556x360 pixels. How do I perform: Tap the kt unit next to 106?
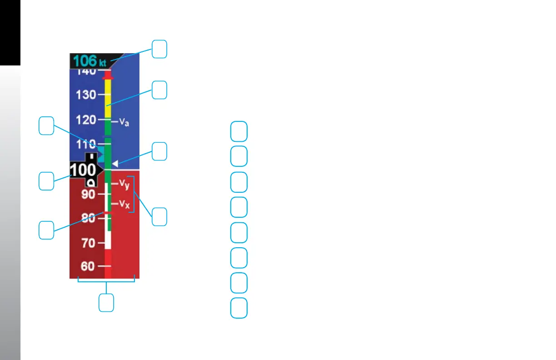click(x=103, y=62)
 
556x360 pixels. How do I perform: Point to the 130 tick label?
click(x=86, y=95)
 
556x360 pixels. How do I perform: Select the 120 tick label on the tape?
click(x=86, y=120)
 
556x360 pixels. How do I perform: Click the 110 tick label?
click(x=86, y=145)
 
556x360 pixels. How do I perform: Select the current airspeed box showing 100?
click(x=84, y=170)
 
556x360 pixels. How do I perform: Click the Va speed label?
click(x=124, y=122)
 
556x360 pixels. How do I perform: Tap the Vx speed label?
click(x=124, y=205)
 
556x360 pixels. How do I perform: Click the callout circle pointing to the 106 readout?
click(x=159, y=49)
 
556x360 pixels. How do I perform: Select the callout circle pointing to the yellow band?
click(x=159, y=90)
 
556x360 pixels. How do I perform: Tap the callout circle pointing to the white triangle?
click(x=159, y=151)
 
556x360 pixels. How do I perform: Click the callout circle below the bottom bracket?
click(x=106, y=303)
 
